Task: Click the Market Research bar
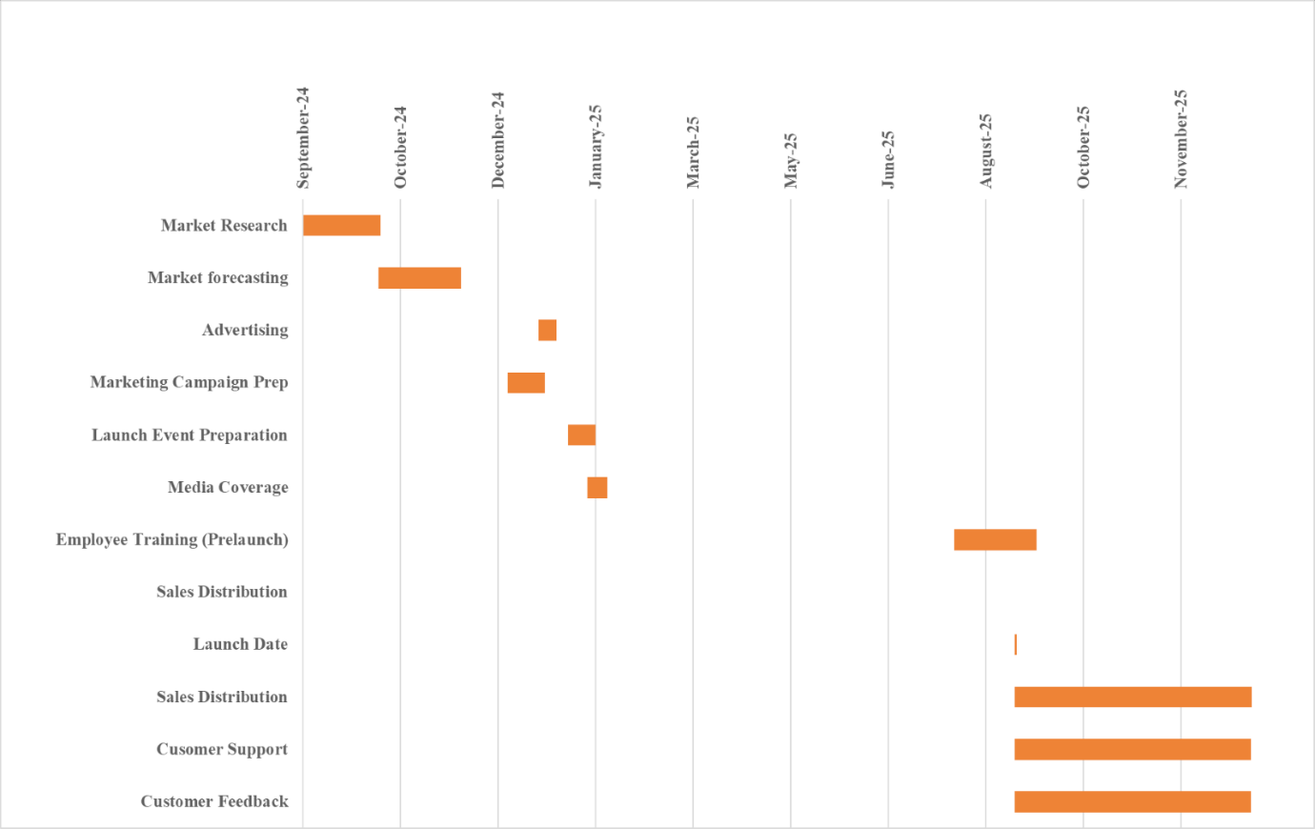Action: [x=341, y=226]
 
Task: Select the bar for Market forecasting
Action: [x=419, y=278]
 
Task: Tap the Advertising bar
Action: [x=547, y=331]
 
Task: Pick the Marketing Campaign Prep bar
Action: [x=526, y=383]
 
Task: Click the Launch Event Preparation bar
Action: [x=581, y=435]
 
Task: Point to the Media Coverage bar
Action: [x=597, y=488]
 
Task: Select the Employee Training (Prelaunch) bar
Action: [x=995, y=540]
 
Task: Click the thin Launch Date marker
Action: [x=1016, y=645]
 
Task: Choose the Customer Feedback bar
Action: [x=1132, y=802]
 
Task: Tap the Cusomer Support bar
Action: [x=1132, y=750]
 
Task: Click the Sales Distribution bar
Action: [x=1132, y=698]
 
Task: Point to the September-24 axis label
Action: [x=303, y=138]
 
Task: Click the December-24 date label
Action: [x=498, y=140]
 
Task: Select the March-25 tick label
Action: [x=693, y=152]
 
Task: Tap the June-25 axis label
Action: [x=888, y=160]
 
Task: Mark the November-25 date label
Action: [x=1181, y=139]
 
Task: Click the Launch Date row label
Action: [x=240, y=645]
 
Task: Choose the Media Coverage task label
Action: [x=228, y=488]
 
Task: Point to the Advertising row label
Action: [x=245, y=331]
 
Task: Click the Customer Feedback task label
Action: [x=214, y=802]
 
